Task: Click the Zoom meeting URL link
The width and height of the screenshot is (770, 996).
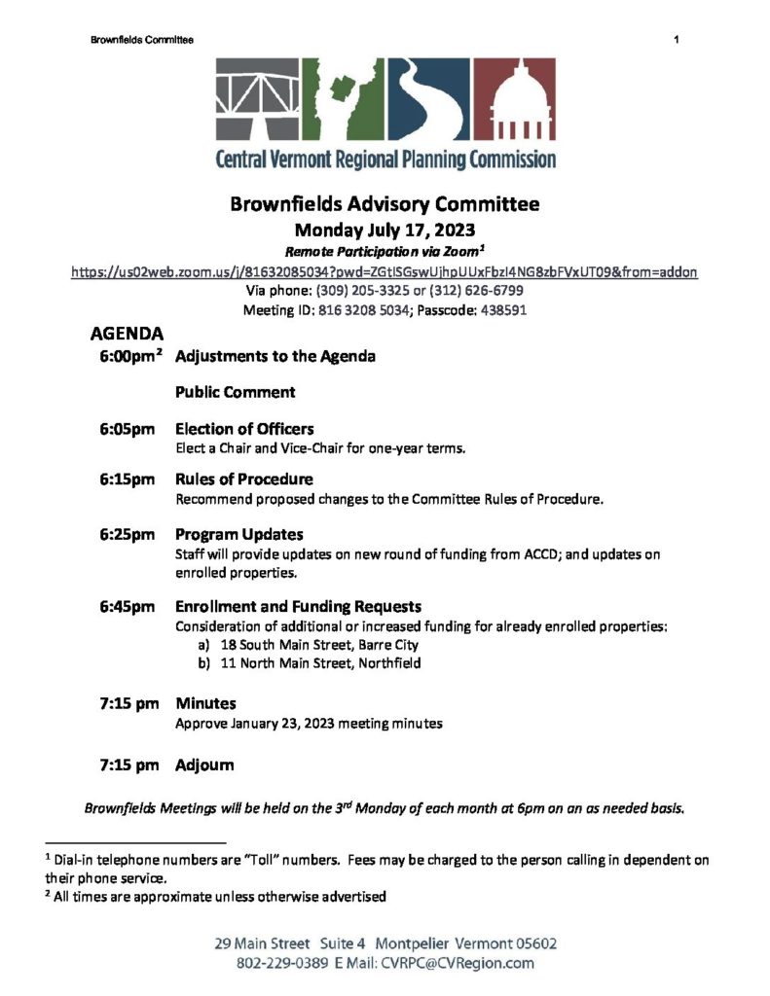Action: [x=385, y=272]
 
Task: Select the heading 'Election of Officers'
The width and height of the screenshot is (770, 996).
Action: [x=244, y=429]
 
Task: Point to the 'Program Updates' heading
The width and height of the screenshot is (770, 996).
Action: [x=238, y=534]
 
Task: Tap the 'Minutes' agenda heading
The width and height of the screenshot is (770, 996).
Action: [x=205, y=703]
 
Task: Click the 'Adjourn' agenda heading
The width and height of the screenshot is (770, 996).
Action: [x=204, y=765]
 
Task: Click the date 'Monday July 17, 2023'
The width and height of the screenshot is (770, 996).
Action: [x=385, y=231]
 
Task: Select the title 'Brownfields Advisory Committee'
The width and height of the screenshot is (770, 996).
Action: [x=385, y=205]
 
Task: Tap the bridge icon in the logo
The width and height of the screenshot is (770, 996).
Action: [x=259, y=101]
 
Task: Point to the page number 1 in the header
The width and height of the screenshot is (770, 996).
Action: [x=675, y=40]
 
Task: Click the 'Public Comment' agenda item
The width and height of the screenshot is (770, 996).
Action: [x=237, y=392]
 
